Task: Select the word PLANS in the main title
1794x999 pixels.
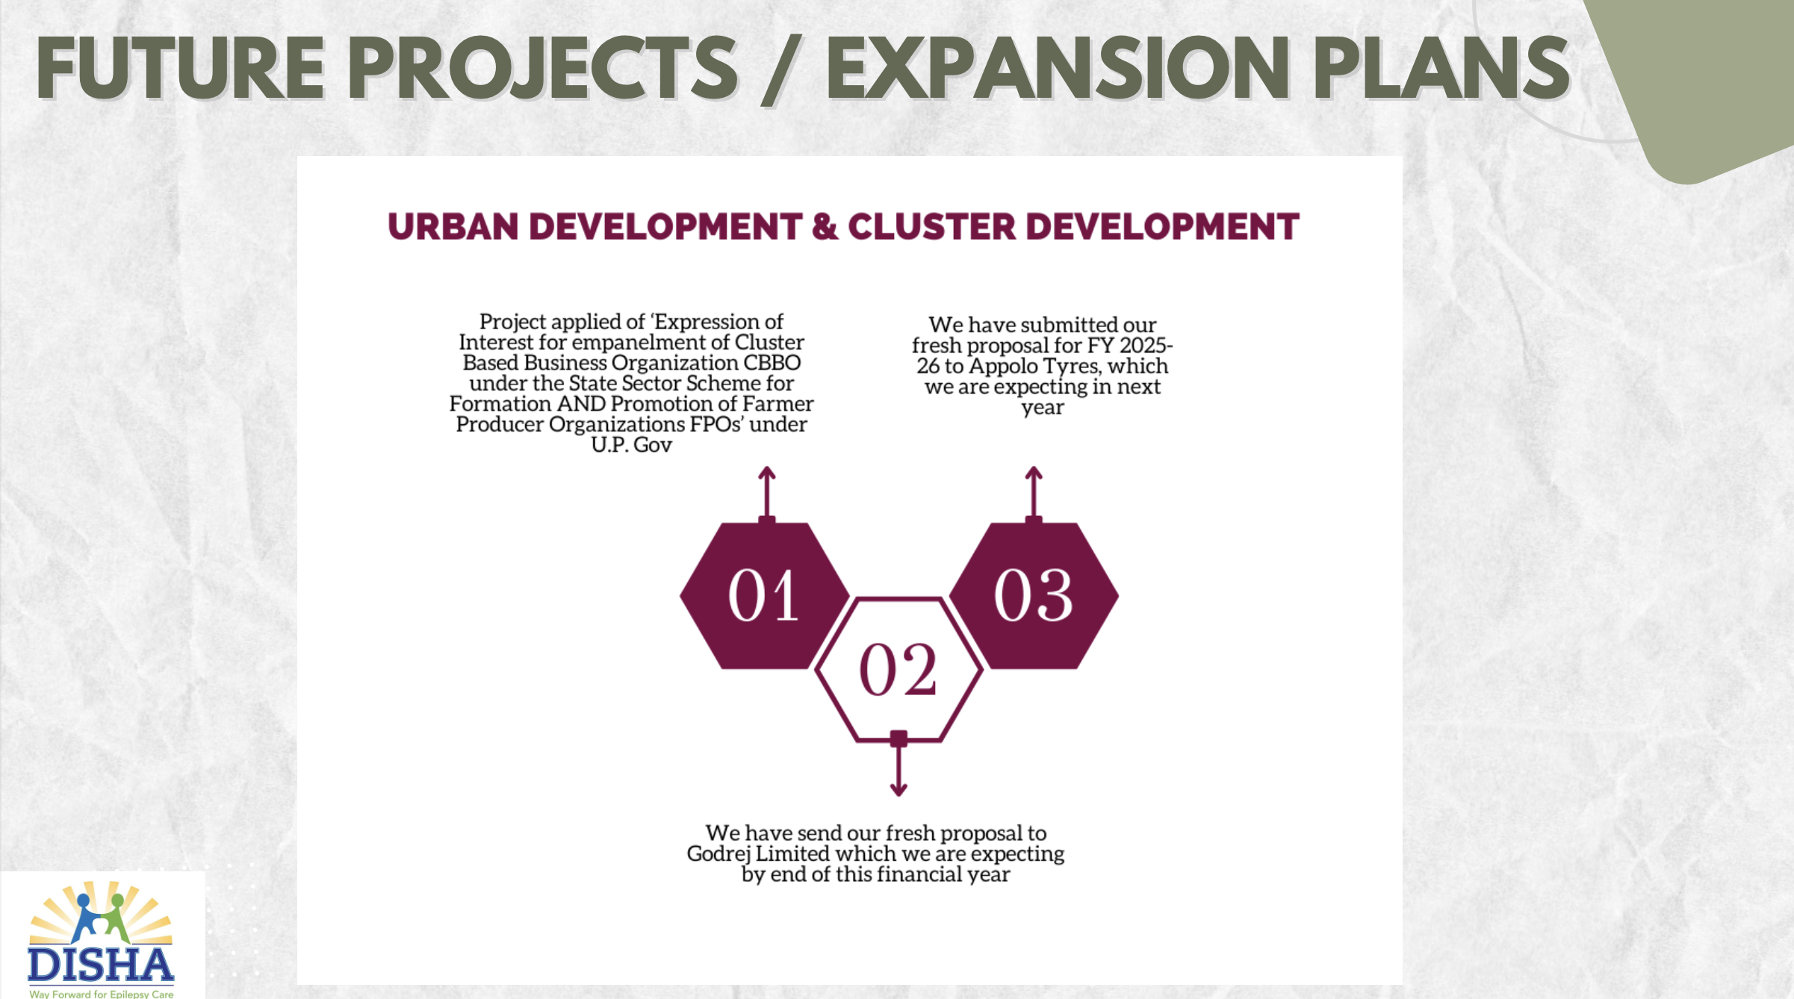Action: point(1441,68)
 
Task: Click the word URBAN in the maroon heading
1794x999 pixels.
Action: point(453,227)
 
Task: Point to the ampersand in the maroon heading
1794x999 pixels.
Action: point(825,227)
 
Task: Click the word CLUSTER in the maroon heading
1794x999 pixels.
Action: point(931,227)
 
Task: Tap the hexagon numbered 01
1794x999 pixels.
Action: point(765,596)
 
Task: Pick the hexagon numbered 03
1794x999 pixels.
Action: point(1034,596)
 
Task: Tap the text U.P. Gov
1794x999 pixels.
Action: point(631,445)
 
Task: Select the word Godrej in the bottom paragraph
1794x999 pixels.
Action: point(718,855)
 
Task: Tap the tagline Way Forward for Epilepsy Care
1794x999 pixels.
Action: point(102,994)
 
